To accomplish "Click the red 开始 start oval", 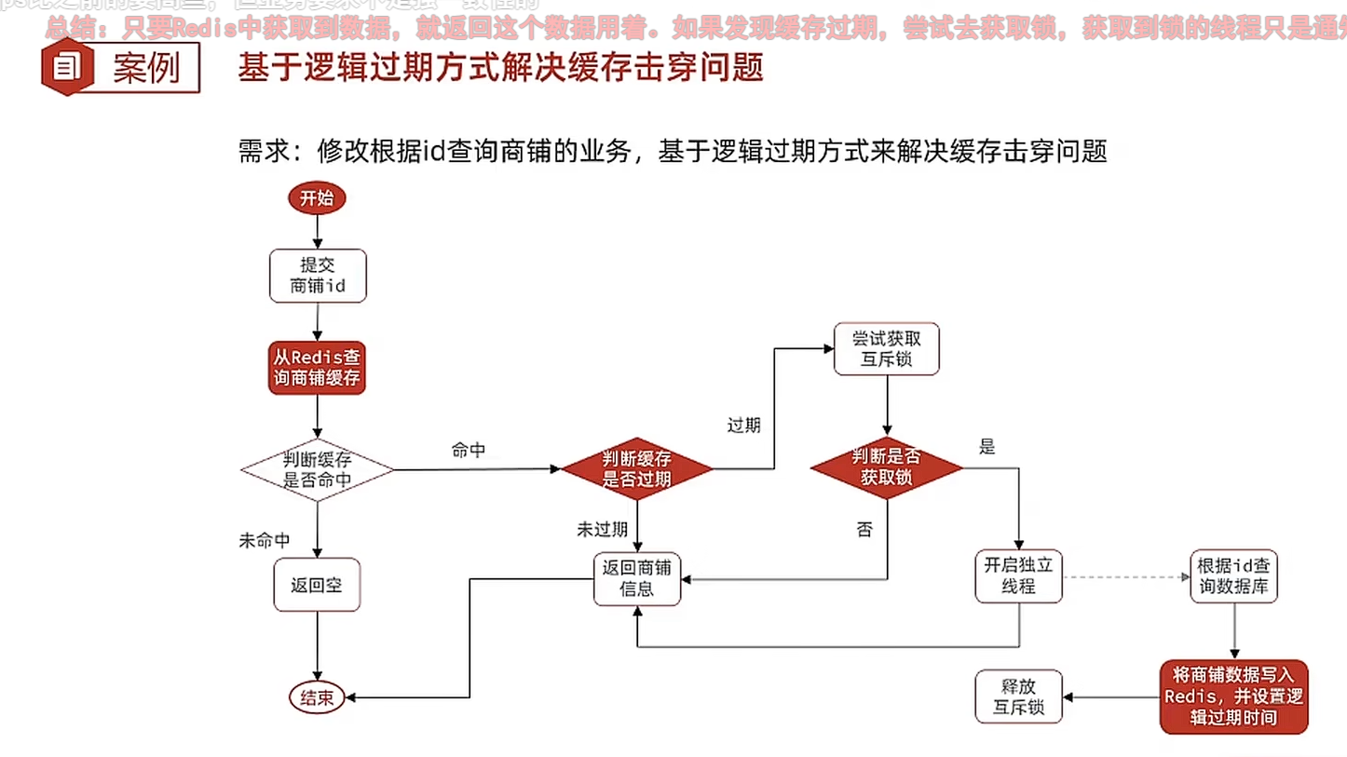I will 317,198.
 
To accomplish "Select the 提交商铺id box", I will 318,276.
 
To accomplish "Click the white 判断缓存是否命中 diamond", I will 317,469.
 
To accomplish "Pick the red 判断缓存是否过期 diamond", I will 637,469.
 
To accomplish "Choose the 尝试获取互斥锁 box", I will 886,349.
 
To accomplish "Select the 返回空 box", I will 317,585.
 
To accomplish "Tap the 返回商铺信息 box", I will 637,578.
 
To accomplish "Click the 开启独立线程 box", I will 1018,576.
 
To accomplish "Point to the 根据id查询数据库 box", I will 1234,576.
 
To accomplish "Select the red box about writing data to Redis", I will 1234,696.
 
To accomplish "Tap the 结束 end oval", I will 317,697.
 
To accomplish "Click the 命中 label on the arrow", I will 468,451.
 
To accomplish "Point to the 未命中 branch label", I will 265,541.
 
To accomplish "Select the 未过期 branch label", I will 602,530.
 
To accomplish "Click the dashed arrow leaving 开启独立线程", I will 1125,577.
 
